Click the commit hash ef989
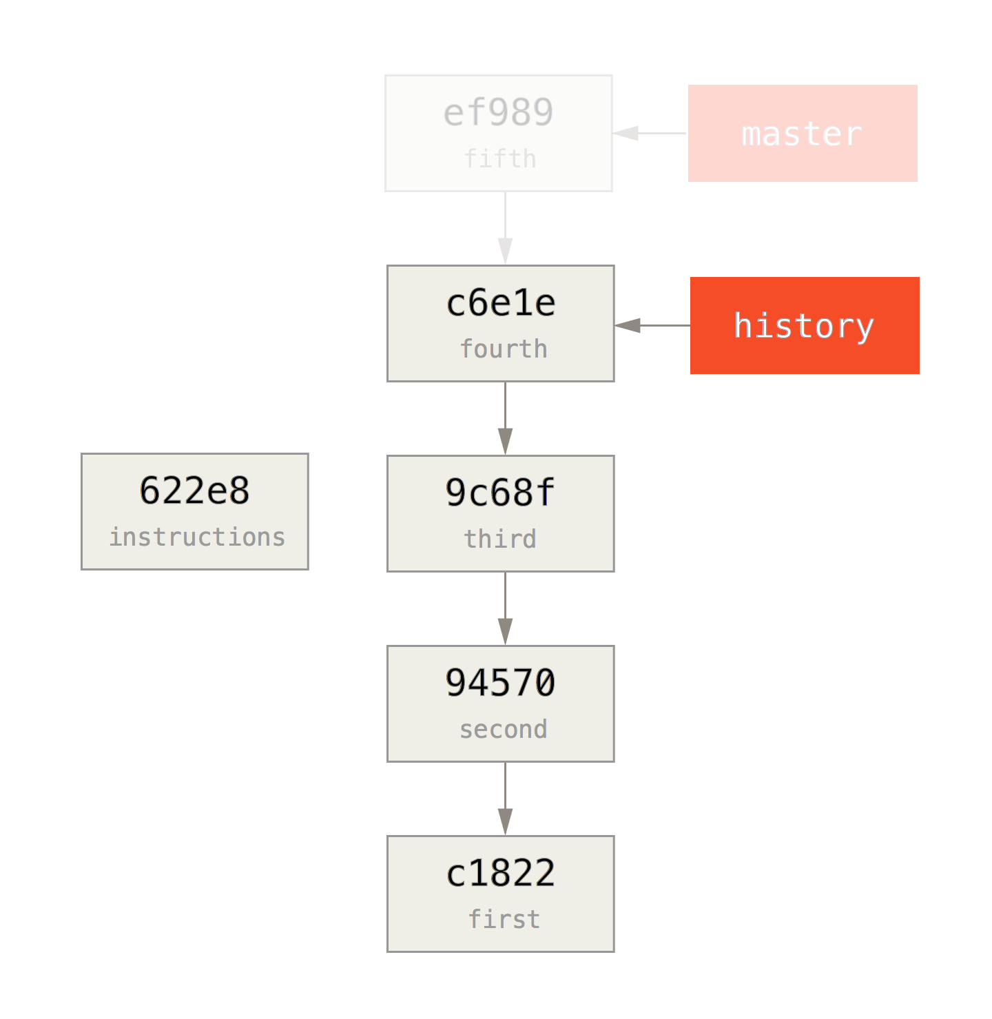coord(498,113)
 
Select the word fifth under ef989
coord(499,159)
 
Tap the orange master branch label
coord(803,134)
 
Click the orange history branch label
coord(805,325)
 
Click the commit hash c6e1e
coord(501,303)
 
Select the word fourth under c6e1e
coord(504,349)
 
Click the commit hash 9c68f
coord(500,493)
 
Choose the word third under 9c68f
coord(500,539)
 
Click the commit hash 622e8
coord(194,491)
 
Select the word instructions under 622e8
coord(197,537)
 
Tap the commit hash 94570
coord(500,683)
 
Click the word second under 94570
coord(504,729)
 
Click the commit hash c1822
coord(501,873)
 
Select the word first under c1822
coord(504,919)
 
